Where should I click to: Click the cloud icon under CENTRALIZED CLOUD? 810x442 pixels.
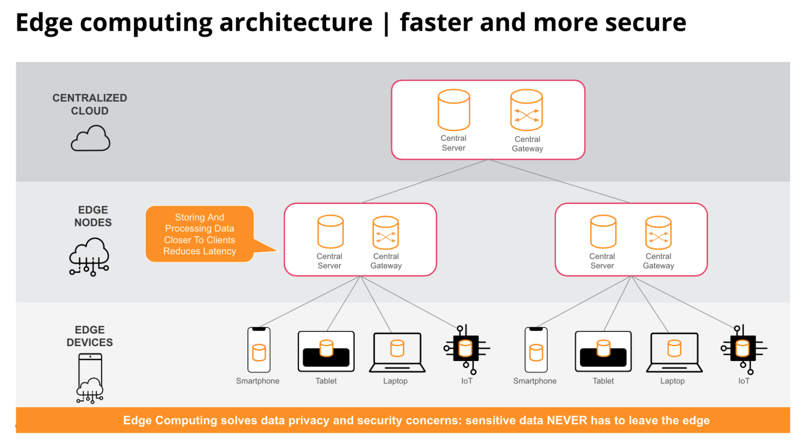click(x=90, y=138)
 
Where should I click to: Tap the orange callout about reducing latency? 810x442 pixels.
click(x=200, y=234)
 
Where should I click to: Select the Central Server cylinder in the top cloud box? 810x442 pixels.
click(x=454, y=110)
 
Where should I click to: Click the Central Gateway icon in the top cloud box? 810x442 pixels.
click(x=527, y=110)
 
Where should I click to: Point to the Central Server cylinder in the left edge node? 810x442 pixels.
click(x=330, y=232)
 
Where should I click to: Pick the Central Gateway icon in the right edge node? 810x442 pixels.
click(x=658, y=233)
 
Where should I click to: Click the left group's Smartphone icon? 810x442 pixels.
click(x=259, y=350)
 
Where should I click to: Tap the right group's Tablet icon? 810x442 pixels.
click(x=603, y=351)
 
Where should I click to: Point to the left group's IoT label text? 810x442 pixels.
click(x=467, y=381)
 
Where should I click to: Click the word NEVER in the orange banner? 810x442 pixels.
click(x=567, y=420)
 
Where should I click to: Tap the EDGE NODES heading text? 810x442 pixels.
click(x=93, y=216)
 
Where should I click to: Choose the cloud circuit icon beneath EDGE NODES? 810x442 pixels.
click(x=89, y=256)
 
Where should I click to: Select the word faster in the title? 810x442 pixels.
click(x=436, y=22)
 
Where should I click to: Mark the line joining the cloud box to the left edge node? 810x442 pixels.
click(x=425, y=181)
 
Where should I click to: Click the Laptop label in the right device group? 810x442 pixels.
click(x=672, y=381)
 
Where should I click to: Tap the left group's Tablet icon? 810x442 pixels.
click(x=326, y=351)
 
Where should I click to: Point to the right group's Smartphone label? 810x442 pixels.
click(x=534, y=381)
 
